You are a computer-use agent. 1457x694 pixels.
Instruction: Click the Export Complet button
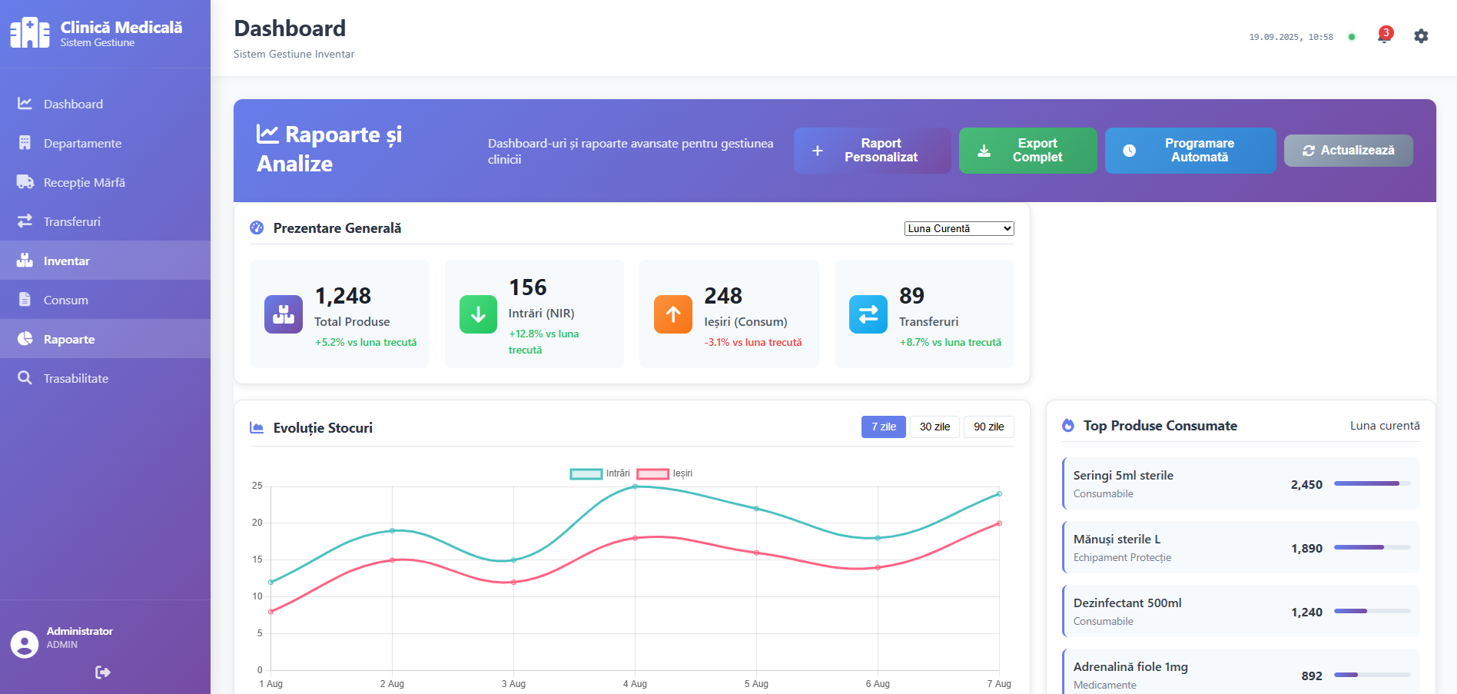click(x=1027, y=150)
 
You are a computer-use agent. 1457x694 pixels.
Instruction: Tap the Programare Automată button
click(x=1190, y=150)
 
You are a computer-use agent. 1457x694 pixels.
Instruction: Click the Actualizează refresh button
click(x=1348, y=151)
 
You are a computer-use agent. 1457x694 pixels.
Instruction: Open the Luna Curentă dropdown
click(x=958, y=228)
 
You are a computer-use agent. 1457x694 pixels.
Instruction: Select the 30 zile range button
click(x=934, y=427)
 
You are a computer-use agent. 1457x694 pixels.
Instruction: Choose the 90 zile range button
click(x=988, y=427)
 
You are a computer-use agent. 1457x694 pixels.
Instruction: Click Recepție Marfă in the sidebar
click(x=84, y=182)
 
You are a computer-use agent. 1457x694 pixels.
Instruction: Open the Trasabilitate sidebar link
click(x=75, y=378)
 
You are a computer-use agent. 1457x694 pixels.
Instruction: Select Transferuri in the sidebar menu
click(x=71, y=221)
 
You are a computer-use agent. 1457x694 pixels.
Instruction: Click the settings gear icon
click(x=1421, y=36)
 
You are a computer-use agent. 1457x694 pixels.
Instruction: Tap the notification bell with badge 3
click(x=1384, y=35)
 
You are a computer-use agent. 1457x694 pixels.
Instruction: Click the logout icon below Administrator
click(x=103, y=672)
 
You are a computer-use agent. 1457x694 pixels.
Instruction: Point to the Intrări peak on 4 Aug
click(x=635, y=486)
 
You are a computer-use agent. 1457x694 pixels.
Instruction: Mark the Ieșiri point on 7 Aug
click(x=999, y=523)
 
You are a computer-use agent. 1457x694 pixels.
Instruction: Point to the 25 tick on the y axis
click(x=257, y=486)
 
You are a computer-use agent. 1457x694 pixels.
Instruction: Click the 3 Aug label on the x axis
click(x=513, y=683)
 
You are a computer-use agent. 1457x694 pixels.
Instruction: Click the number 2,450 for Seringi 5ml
click(x=1306, y=484)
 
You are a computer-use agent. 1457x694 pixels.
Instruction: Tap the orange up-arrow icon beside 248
click(x=672, y=314)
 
